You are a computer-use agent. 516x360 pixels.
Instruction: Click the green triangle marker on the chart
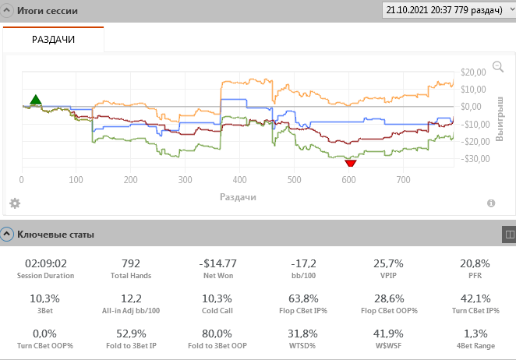[35, 100]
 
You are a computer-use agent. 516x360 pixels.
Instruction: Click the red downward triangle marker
[350, 162]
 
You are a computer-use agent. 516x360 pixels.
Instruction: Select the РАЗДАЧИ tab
[53, 39]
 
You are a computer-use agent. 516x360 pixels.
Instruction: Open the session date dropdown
[447, 11]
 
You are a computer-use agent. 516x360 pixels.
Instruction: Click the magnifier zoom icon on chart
[498, 67]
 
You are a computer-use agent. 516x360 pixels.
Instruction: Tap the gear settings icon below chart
[14, 203]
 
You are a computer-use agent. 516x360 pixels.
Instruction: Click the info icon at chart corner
[491, 203]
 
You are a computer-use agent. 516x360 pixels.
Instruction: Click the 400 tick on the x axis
[239, 180]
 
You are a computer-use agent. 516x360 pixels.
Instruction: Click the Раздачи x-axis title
[238, 197]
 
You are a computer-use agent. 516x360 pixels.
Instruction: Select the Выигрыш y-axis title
[500, 117]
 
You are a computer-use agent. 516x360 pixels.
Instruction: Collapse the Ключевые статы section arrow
[7, 233]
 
